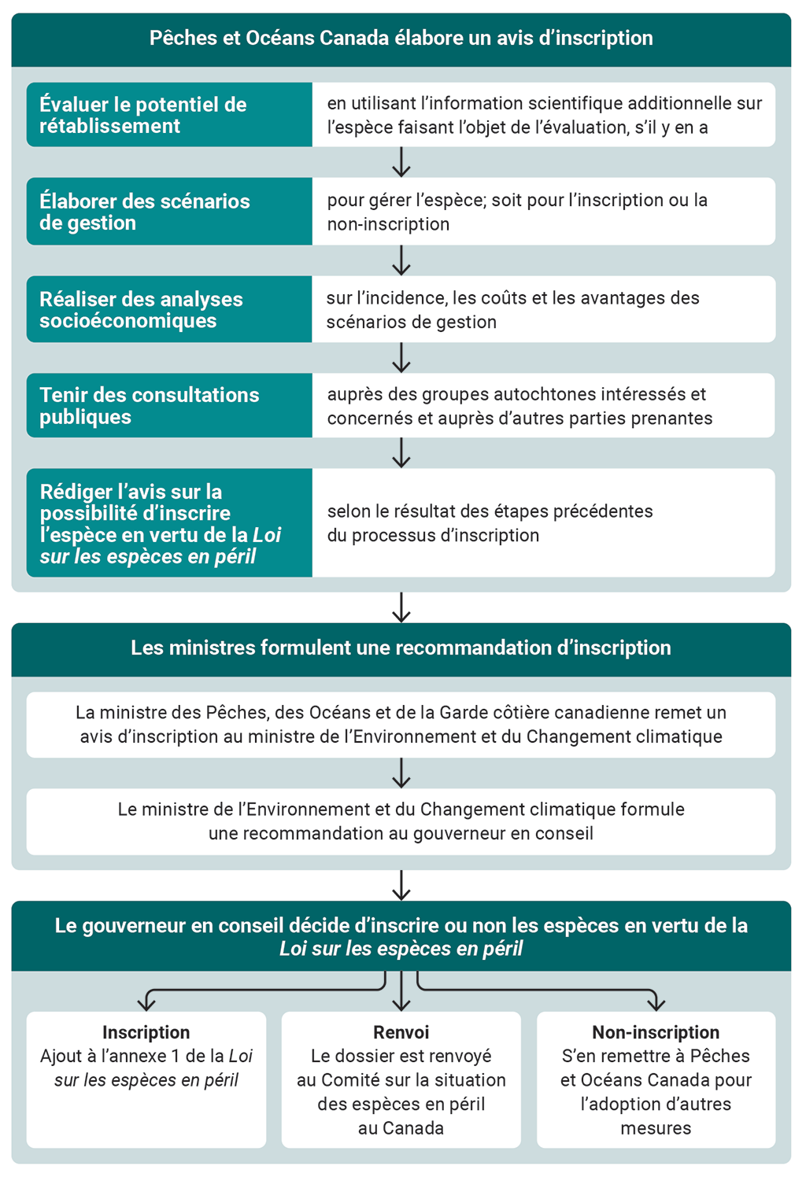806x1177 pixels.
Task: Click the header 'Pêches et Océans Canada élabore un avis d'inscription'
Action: point(401,39)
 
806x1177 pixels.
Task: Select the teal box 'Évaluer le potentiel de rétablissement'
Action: point(169,115)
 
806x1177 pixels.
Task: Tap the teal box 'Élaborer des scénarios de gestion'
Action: point(169,212)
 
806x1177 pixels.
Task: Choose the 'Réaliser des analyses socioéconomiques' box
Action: point(169,309)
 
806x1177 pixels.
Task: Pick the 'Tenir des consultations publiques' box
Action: point(169,405)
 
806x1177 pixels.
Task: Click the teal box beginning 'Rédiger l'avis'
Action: point(169,523)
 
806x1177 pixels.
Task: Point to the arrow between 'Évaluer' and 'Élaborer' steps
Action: point(401,162)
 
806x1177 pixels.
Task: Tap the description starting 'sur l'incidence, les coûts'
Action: point(512,309)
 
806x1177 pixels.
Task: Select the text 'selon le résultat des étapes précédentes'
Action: point(490,511)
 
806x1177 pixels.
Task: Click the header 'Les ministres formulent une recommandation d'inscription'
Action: point(401,648)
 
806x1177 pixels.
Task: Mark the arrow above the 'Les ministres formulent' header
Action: point(401,607)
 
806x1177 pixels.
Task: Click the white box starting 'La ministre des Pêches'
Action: point(401,725)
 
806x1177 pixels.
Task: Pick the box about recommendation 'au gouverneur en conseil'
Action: point(401,821)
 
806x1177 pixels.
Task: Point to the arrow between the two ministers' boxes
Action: point(401,773)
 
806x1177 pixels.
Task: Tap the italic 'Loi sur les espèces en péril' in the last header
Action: point(401,949)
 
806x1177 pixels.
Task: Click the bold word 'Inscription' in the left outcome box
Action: point(146,1032)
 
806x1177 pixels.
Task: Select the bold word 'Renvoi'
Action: point(401,1032)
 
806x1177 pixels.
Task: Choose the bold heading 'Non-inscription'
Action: point(656,1032)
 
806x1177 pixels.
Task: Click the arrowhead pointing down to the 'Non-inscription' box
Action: point(656,1003)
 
